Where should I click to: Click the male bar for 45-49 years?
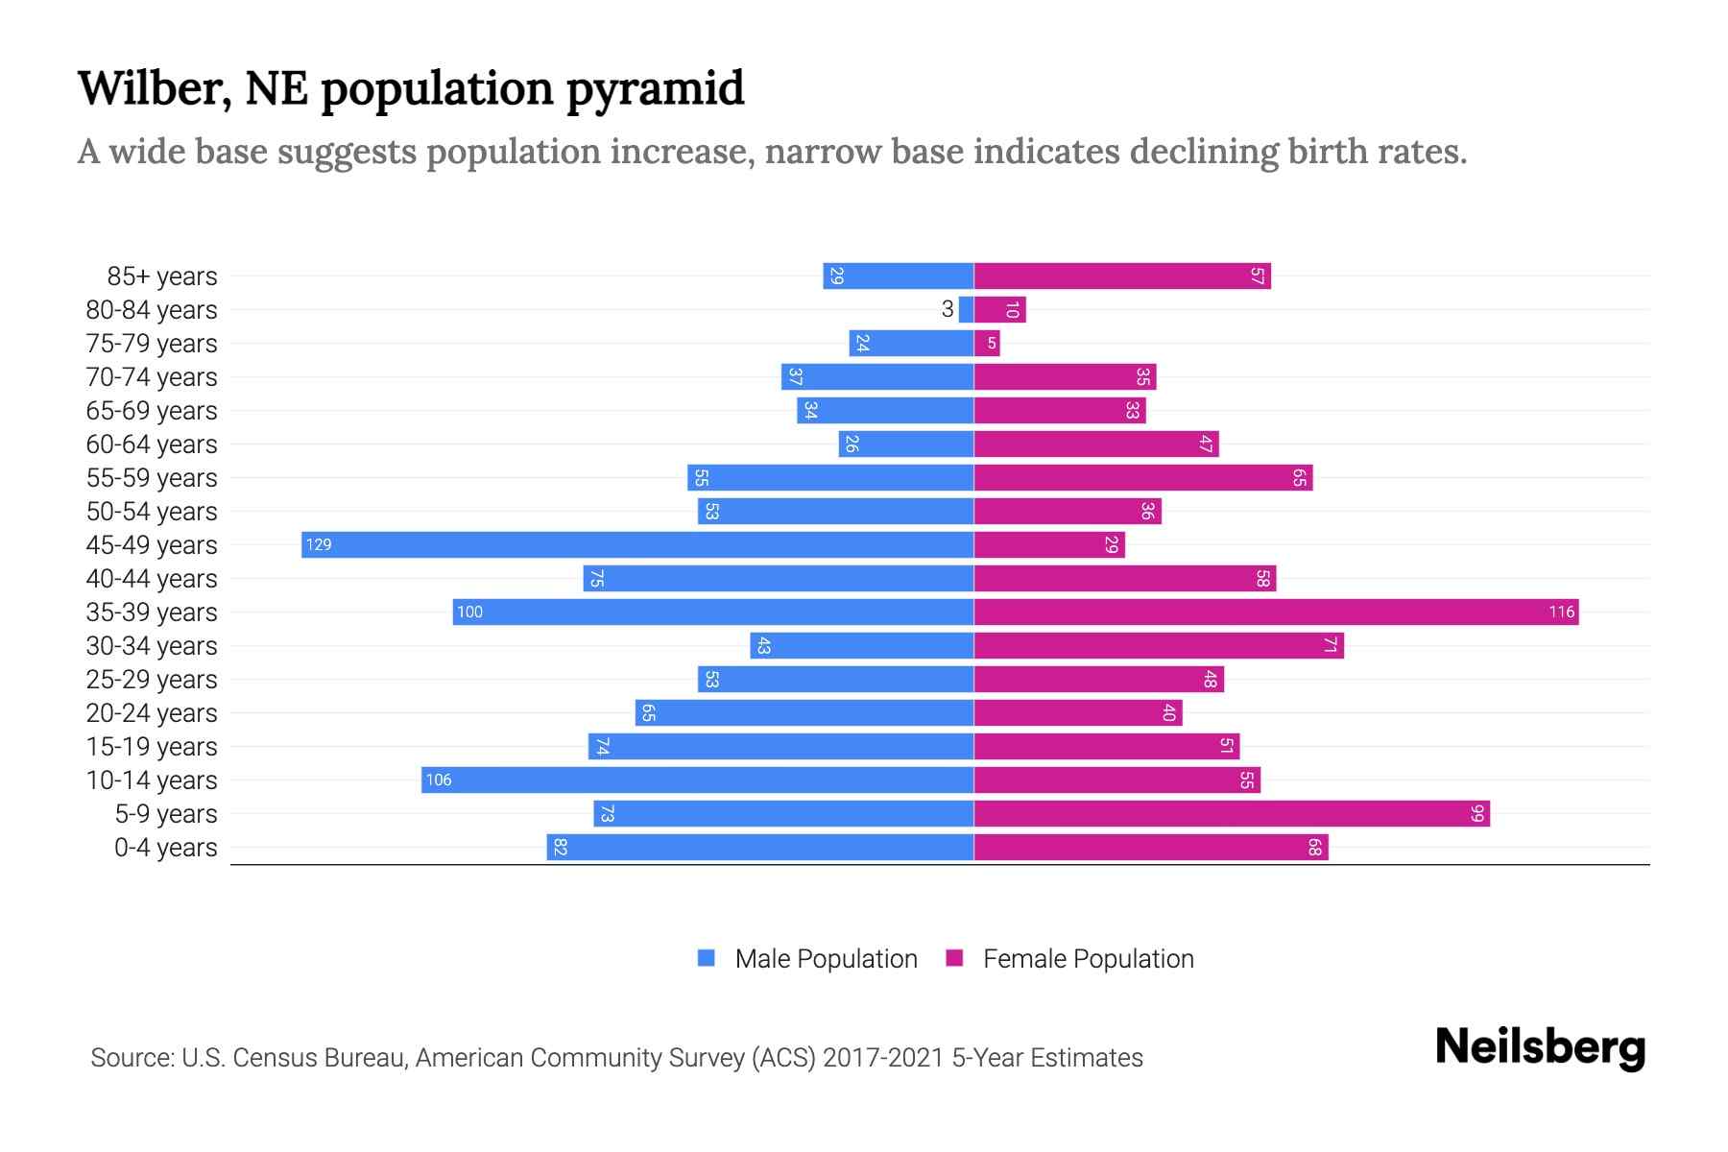coord(637,544)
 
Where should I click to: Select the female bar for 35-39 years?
coord(1276,612)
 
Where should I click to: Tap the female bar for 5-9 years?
coord(1232,813)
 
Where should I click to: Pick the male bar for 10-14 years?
coord(698,780)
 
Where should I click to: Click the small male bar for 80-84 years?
coord(966,309)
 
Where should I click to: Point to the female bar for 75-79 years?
coord(987,343)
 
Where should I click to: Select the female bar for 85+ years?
coord(1122,276)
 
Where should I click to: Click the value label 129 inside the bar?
coord(319,545)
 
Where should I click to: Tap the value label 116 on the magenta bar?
coord(1561,612)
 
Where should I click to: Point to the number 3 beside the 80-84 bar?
coord(948,309)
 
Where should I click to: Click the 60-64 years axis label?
coord(152,444)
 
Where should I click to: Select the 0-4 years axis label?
coord(165,848)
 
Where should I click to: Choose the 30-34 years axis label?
coord(152,646)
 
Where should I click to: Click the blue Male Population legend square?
coord(707,958)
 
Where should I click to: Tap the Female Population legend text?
coord(1088,959)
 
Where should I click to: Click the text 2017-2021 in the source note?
coord(883,1058)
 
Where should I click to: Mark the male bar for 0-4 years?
coord(760,847)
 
